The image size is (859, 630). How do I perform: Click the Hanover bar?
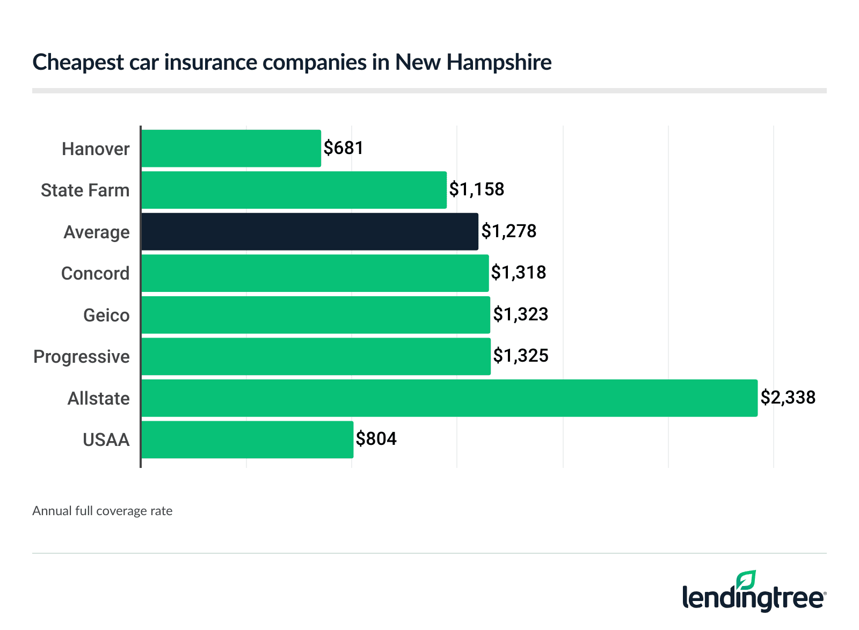(231, 148)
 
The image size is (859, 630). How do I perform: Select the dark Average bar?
(310, 231)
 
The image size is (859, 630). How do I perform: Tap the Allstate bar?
(449, 398)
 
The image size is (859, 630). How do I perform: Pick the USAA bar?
(247, 439)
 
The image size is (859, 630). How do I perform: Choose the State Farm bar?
(294, 190)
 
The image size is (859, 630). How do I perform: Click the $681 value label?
(344, 148)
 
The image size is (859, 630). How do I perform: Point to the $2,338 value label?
(788, 397)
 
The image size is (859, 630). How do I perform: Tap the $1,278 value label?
(508, 231)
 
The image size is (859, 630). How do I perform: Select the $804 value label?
(376, 438)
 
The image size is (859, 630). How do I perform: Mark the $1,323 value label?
(520, 314)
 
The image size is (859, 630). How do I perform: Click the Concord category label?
(95, 273)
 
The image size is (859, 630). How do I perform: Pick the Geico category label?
(106, 315)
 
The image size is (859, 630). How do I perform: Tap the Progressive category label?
(82, 356)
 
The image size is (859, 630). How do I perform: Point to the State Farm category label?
(85, 190)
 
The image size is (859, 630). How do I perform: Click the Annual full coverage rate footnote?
(102, 511)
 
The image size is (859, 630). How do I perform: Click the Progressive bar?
(316, 356)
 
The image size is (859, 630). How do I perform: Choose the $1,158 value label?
(476, 189)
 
